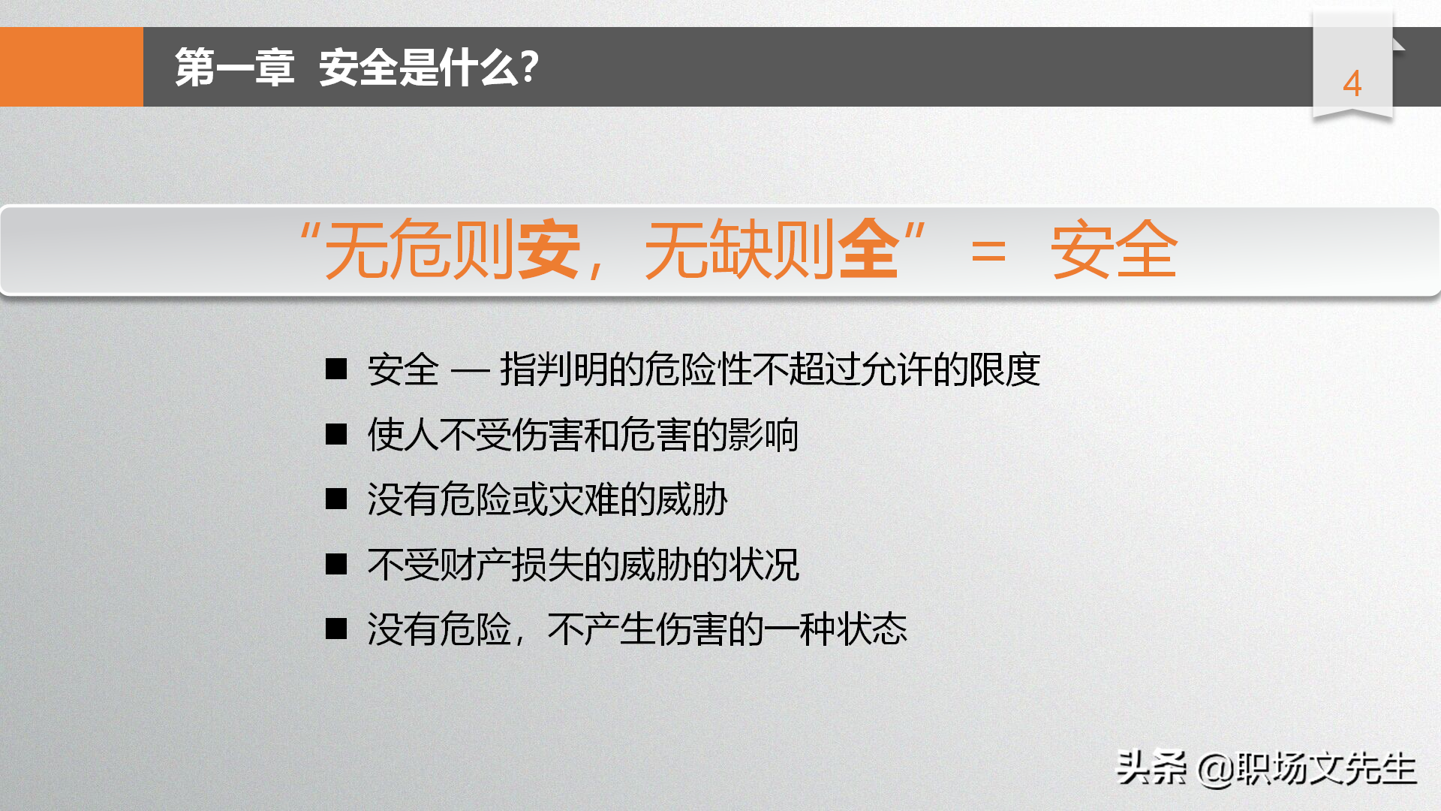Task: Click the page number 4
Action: (1352, 83)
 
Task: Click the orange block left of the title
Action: (71, 67)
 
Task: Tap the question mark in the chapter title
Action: (529, 67)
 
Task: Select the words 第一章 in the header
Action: (234, 68)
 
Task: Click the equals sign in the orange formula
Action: (988, 251)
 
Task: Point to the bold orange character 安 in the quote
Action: (549, 249)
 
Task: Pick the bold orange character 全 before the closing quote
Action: (868, 249)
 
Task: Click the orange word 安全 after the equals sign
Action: (1114, 249)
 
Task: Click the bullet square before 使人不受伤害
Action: (336, 434)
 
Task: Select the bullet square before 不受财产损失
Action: (336, 564)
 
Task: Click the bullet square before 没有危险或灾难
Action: (336, 499)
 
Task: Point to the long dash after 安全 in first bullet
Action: (470, 370)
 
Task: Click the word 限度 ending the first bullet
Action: (1004, 369)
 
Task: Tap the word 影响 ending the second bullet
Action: (763, 435)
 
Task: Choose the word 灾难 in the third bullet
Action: (584, 499)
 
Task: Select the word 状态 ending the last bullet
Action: (872, 629)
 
